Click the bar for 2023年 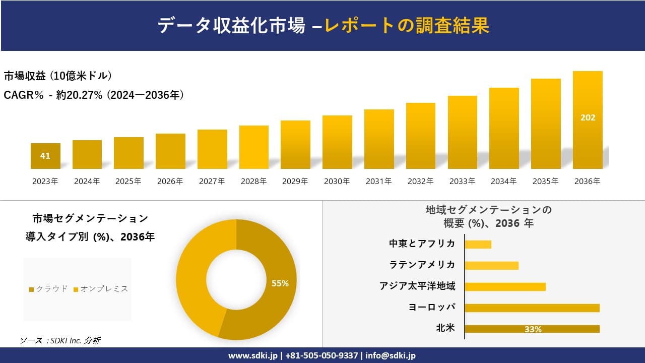[x=45, y=156]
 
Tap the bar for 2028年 [x=254, y=147]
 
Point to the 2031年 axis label [x=378, y=181]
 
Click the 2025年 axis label [x=128, y=181]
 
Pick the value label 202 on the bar [x=588, y=117]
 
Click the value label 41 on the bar [x=45, y=156]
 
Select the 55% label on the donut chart [x=280, y=283]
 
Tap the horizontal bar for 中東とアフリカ [x=478, y=245]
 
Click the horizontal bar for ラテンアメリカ [x=491, y=266]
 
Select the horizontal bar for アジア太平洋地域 [x=505, y=287]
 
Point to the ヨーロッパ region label [x=432, y=307]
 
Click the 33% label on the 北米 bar [x=533, y=329]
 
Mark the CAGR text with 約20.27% [x=94, y=95]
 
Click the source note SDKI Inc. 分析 [x=60, y=341]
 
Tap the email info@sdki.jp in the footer [x=391, y=355]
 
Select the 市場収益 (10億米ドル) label [x=58, y=76]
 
